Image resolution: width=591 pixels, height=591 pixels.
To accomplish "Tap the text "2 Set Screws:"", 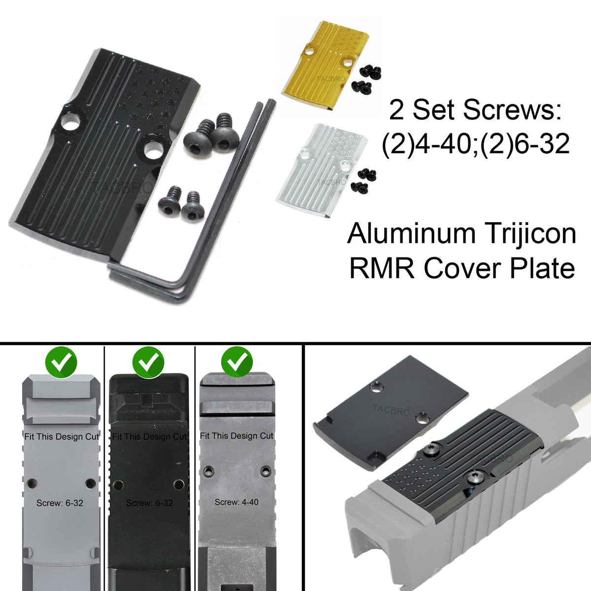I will [x=475, y=110].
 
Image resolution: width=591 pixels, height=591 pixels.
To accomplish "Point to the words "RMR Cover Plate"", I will [x=461, y=268].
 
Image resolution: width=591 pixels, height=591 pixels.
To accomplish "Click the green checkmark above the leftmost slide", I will [x=61, y=362].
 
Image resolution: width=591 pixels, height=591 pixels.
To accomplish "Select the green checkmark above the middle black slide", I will [x=149, y=362].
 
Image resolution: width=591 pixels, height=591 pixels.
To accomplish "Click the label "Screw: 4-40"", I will [x=236, y=502].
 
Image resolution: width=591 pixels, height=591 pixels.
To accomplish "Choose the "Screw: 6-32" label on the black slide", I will [x=149, y=503].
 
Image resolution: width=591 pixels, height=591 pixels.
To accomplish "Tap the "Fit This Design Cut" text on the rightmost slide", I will [x=236, y=436].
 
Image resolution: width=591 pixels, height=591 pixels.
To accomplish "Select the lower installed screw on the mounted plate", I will [x=475, y=476].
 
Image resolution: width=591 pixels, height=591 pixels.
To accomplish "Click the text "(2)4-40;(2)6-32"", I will [x=475, y=145].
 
